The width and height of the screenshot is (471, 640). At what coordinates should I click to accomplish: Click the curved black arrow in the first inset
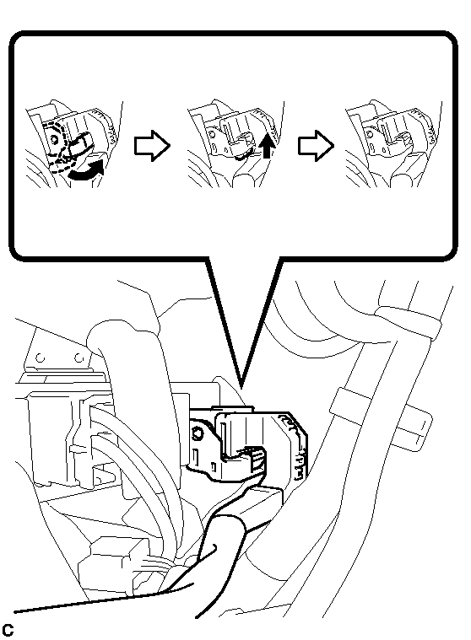coord(87,172)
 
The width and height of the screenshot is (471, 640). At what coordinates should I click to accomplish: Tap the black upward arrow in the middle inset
coord(267,145)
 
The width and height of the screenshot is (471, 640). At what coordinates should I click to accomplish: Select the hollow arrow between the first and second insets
coord(152,146)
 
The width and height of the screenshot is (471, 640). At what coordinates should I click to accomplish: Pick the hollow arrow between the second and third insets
coord(316,146)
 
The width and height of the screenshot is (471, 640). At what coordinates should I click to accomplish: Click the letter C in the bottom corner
coord(8,629)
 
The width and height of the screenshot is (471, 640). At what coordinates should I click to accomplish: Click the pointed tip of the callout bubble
coord(241,387)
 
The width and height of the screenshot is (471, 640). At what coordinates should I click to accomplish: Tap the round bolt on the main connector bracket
coord(198,433)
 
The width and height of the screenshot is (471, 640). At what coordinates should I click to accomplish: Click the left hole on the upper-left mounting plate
coord(41,358)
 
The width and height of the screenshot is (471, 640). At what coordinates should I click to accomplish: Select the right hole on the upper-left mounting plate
coord(78,358)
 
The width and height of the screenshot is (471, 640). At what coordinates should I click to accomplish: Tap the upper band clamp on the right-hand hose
coord(409,322)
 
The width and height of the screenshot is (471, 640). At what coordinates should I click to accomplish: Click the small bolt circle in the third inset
coord(370,134)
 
